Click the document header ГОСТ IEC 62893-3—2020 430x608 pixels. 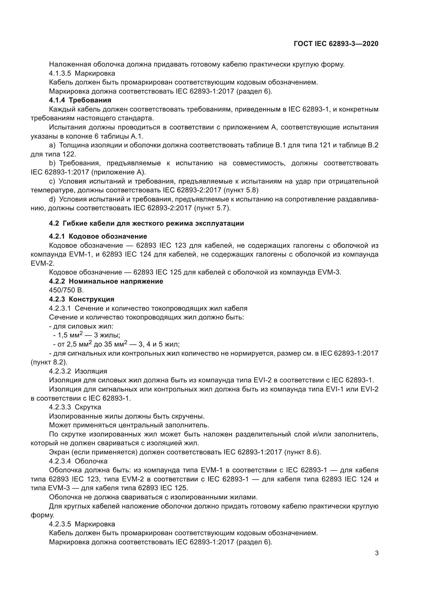(x=336, y=44)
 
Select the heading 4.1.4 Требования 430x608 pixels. (x=80, y=100)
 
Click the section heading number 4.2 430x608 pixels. (x=54, y=223)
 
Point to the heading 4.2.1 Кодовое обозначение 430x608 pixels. (x=98, y=236)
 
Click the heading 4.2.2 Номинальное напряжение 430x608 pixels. (x=106, y=281)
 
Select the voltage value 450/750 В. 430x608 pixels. (x=66, y=290)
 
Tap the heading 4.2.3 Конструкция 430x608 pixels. (x=82, y=299)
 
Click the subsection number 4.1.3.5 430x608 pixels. (x=60, y=73)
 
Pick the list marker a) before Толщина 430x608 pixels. (x=52, y=145)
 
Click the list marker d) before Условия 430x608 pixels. (x=52, y=199)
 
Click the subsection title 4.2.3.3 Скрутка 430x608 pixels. (x=75, y=407)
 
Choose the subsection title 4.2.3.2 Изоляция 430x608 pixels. (x=78, y=371)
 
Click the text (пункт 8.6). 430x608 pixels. (x=302, y=452)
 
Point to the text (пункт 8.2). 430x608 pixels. (x=49, y=362)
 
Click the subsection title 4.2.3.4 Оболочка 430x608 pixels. (x=78, y=461)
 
